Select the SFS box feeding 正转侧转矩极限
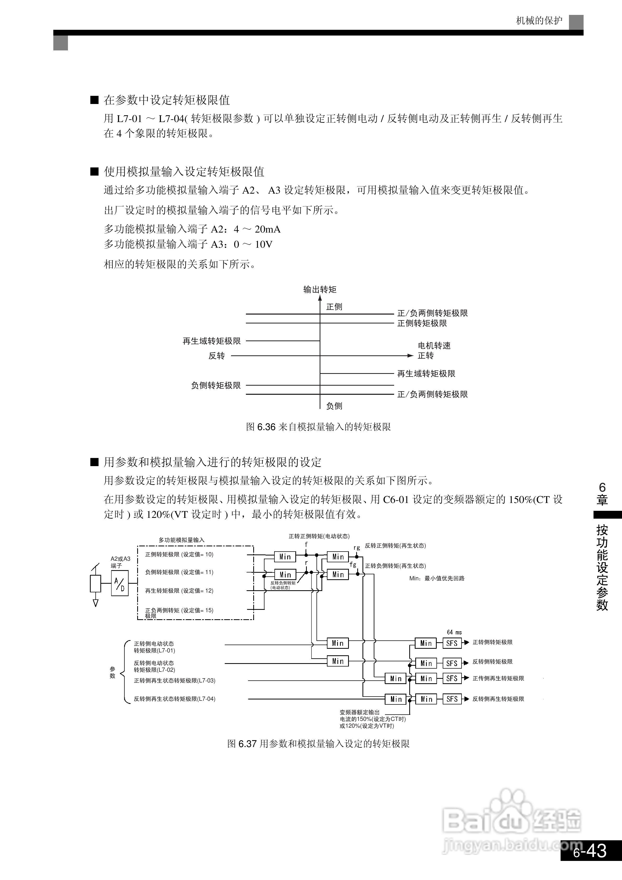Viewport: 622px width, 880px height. [x=452, y=643]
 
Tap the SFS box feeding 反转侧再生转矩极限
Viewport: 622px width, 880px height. [x=452, y=699]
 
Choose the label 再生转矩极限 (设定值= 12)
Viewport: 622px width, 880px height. [x=179, y=590]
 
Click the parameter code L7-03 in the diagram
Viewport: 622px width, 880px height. [x=206, y=681]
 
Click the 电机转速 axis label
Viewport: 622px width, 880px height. [x=434, y=345]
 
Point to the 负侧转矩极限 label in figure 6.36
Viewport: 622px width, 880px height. [x=216, y=385]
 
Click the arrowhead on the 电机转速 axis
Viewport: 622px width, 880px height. [x=410, y=356]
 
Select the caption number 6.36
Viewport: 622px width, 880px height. [x=267, y=427]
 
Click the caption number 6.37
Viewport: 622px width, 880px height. [x=247, y=744]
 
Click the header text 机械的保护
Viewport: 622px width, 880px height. [x=539, y=21]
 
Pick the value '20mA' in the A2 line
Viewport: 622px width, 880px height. [x=268, y=229]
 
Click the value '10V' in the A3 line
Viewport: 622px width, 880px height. [x=264, y=244]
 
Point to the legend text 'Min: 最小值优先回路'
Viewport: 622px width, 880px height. [x=437, y=578]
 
